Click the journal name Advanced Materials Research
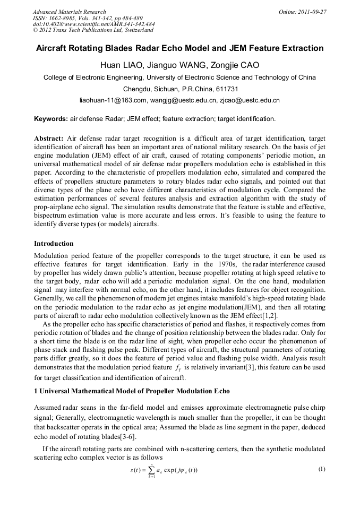coord(70,12)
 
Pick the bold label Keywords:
coord(51,119)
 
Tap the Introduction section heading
coord(54,244)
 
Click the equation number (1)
coord(321,469)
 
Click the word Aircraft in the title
coord(54,48)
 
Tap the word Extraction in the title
coord(302,48)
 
